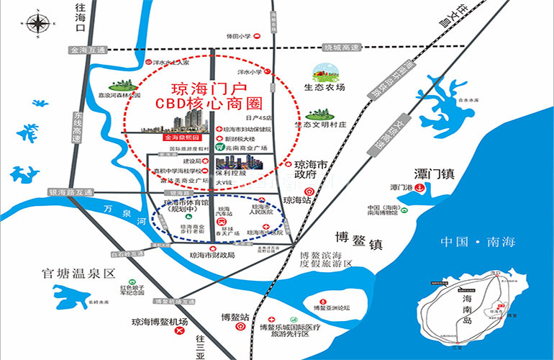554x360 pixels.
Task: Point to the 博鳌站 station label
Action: tap(235, 317)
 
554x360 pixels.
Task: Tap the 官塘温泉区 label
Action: tap(79, 274)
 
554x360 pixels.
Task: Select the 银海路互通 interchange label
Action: tap(71, 193)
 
